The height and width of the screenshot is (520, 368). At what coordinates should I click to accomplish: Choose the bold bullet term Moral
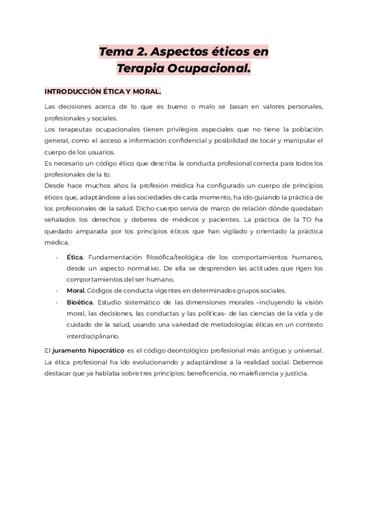pos(75,291)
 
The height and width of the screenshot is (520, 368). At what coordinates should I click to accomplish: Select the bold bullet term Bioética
pos(79,302)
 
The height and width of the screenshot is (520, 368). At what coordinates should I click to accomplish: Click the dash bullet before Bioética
pos(58,302)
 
